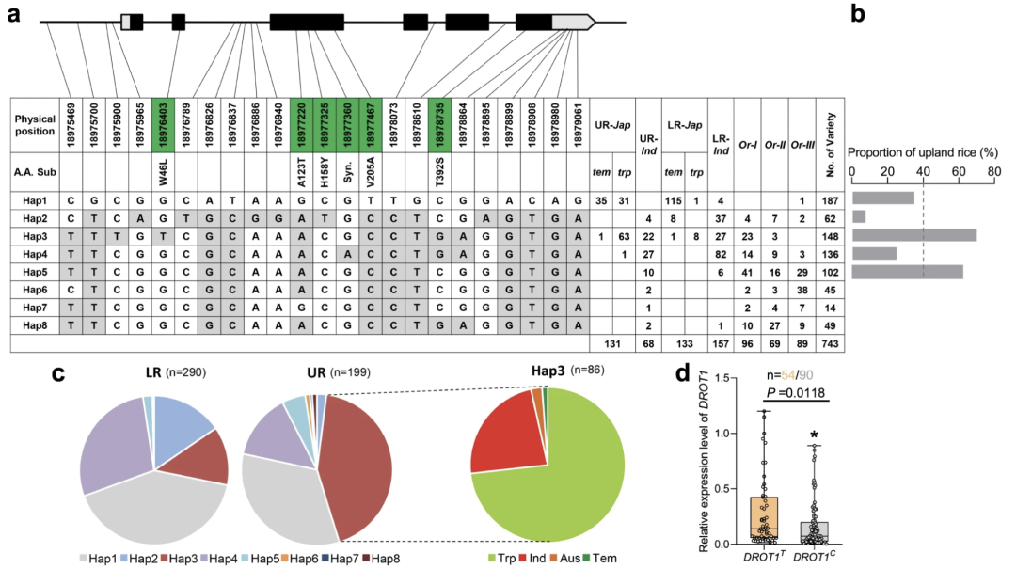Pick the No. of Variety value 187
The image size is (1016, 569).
[x=831, y=199]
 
